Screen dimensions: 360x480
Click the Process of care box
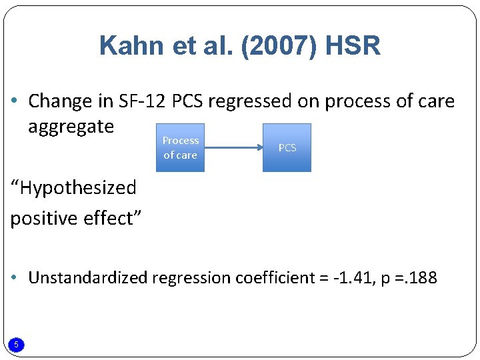coord(180,147)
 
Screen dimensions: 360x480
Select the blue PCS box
coord(287,147)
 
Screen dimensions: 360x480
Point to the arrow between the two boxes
coord(233,147)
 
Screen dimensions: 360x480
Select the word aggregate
coord(71,127)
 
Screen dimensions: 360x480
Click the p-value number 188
coord(421,277)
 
